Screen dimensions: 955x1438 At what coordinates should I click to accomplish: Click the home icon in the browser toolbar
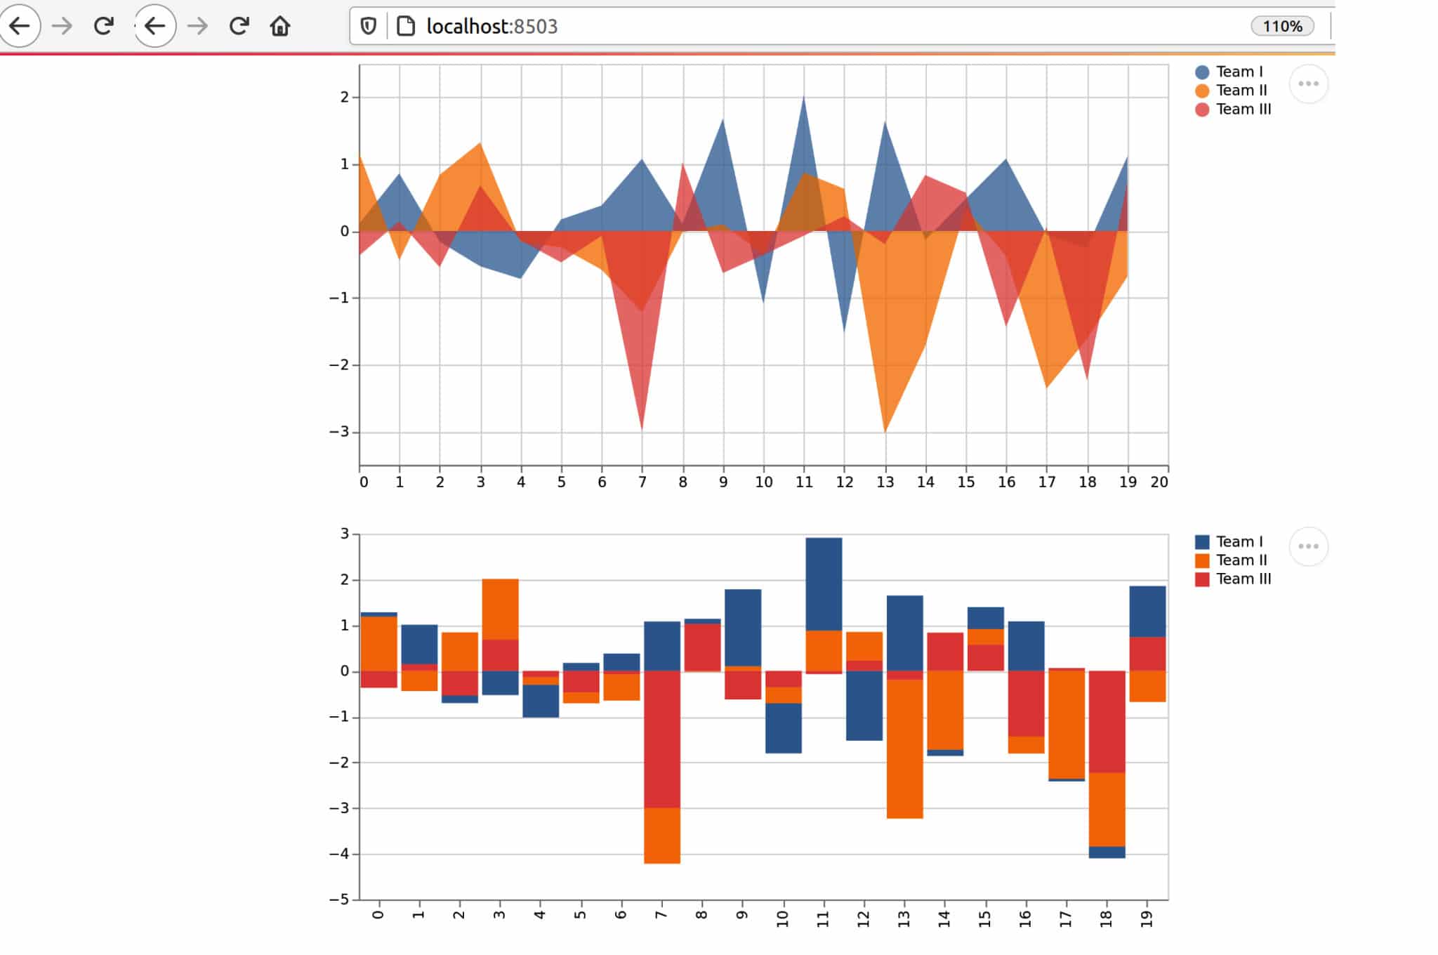[280, 27]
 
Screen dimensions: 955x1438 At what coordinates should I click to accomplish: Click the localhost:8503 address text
[492, 27]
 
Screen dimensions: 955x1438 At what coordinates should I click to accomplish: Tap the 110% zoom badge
[1281, 27]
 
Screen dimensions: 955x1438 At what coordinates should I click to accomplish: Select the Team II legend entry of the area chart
[1241, 91]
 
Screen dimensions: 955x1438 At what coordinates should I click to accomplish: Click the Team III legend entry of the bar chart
[1243, 579]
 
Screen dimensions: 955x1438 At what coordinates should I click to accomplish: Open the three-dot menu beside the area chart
[1308, 84]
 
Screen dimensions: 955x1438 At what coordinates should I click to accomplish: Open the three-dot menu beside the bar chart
[1308, 546]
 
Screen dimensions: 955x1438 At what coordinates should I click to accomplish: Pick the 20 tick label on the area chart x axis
[1159, 482]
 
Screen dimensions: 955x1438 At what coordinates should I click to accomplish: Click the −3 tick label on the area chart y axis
[339, 432]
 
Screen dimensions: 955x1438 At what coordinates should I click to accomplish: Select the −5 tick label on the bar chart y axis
[339, 900]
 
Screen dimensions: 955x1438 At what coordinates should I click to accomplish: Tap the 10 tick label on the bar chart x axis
[783, 918]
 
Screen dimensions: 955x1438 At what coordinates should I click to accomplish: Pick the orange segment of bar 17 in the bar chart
[1067, 724]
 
